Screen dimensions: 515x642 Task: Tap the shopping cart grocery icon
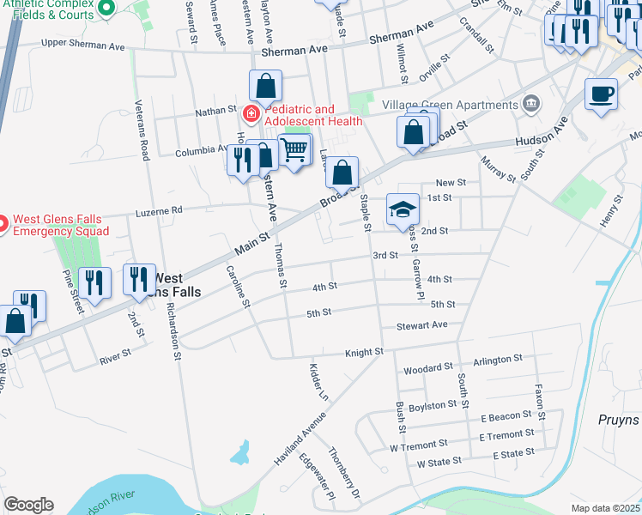pos(294,151)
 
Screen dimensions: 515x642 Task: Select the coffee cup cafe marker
pos(601,94)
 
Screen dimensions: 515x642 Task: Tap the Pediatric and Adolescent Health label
pos(300,115)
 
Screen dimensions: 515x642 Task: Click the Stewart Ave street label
pos(422,325)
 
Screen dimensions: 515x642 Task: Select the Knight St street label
pos(364,353)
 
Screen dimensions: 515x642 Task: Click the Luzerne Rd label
pos(159,209)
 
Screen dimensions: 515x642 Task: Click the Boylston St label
pos(433,405)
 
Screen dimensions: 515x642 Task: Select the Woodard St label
pos(427,368)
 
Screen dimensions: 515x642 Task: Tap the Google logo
pos(28,504)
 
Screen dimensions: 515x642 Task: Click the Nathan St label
pos(215,111)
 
